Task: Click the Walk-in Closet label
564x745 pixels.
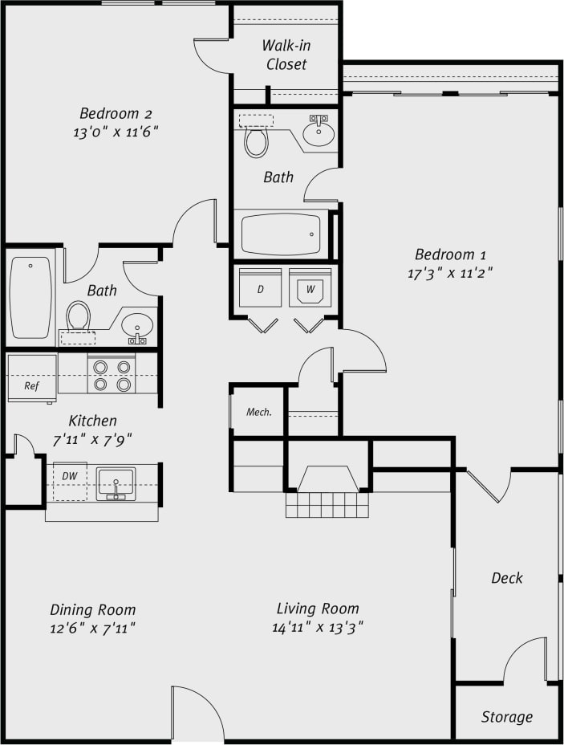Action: point(286,55)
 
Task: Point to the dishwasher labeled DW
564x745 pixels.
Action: point(70,481)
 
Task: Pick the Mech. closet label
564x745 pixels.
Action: point(258,412)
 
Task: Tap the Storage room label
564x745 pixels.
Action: point(506,717)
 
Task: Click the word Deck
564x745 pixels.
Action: point(506,578)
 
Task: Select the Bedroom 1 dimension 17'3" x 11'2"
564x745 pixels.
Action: point(449,273)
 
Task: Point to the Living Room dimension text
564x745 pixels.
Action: point(318,628)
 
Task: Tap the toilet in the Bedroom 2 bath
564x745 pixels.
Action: point(79,316)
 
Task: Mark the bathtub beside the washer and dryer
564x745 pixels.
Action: point(281,234)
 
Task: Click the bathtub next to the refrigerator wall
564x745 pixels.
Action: point(31,296)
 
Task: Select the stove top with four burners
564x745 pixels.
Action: point(112,375)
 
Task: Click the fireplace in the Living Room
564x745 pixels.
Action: point(327,480)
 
